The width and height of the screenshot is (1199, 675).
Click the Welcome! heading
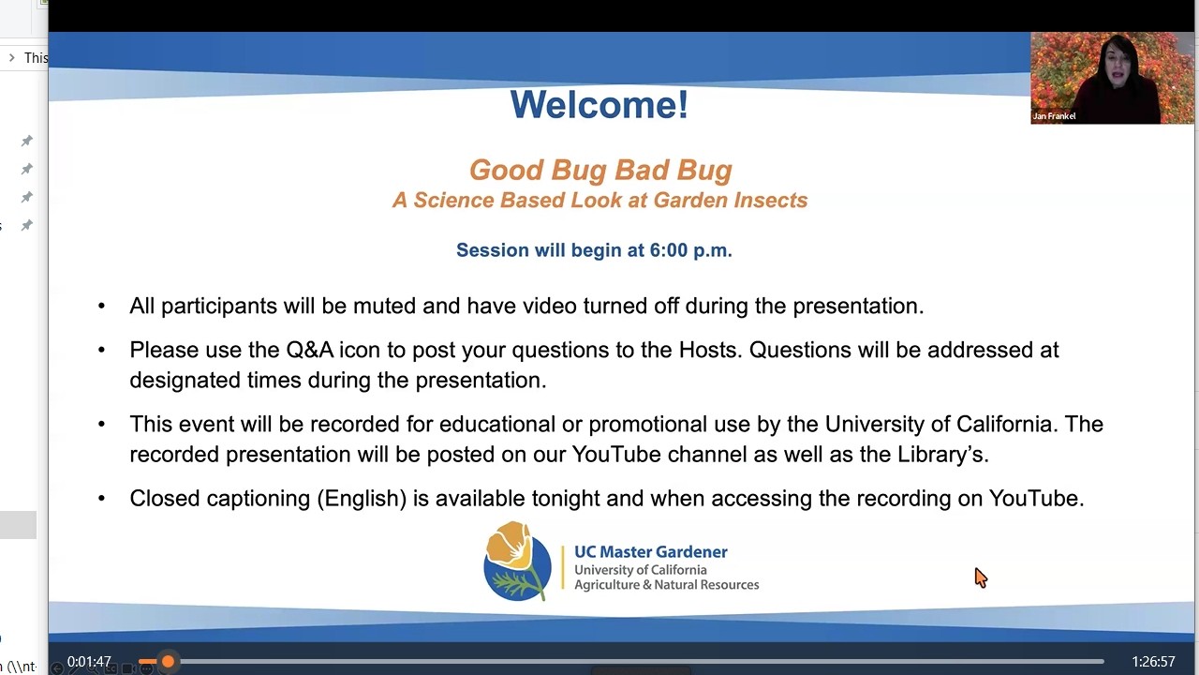pos(599,105)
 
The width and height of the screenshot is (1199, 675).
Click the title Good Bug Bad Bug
pos(600,170)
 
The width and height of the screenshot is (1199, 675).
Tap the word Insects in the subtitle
pos(768,201)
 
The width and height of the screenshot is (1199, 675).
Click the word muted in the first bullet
pos(384,307)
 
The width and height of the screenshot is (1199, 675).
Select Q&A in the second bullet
pos(309,351)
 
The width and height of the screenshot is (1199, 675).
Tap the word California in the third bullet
pos(1003,425)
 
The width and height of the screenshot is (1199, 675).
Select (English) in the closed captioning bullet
pos(362,499)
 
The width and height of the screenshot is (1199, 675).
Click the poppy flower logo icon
pos(517,562)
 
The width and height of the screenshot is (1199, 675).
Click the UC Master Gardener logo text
pos(650,552)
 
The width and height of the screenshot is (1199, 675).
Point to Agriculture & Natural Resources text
pos(666,585)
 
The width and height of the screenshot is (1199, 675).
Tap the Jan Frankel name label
pos(1054,116)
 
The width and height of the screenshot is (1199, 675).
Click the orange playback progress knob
pos(168,662)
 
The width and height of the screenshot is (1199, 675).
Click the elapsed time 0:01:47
pos(89,662)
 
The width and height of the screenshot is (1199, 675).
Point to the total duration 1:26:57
pos(1153,662)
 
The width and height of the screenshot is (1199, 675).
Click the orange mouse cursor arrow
pos(980,577)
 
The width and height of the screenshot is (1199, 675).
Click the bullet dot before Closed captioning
pos(102,499)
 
